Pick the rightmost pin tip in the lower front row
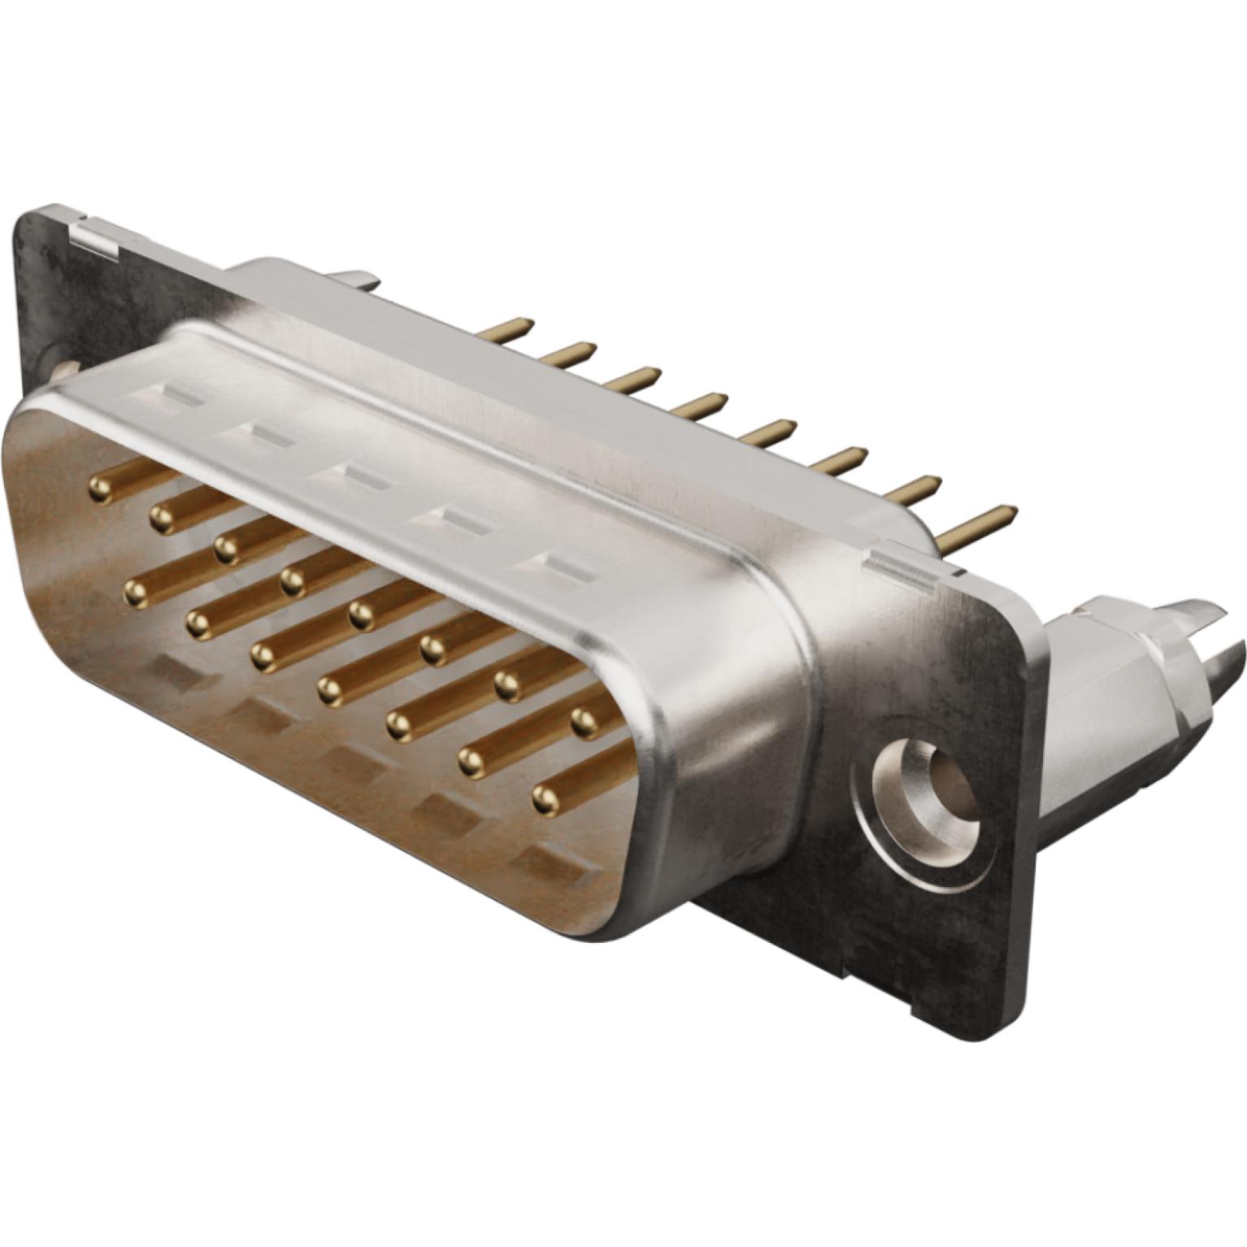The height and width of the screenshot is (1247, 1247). [545, 800]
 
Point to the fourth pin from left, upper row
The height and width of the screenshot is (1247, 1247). [293, 580]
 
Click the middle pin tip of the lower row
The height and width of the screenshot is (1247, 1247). [328, 691]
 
